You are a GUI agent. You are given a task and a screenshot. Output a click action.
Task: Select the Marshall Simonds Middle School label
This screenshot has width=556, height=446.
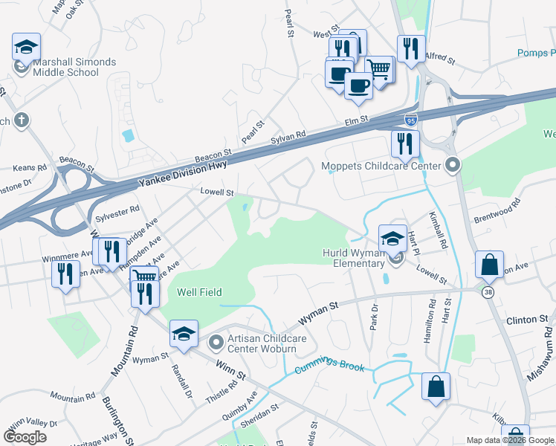pos(65,68)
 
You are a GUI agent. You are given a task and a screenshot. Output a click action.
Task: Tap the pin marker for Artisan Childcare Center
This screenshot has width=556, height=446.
pos(216,343)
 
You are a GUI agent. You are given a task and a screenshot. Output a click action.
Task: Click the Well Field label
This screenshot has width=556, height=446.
pos(198,293)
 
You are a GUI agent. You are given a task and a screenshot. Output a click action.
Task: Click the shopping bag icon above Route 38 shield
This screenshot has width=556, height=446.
pos(490,264)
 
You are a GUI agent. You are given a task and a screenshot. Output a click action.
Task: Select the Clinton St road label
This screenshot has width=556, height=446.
pos(527,320)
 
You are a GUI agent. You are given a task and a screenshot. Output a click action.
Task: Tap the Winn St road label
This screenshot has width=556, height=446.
pos(230,369)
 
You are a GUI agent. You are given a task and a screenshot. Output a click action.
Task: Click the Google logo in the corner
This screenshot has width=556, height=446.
pos(25,436)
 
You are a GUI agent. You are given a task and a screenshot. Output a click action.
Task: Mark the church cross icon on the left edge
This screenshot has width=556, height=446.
pos(22,120)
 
